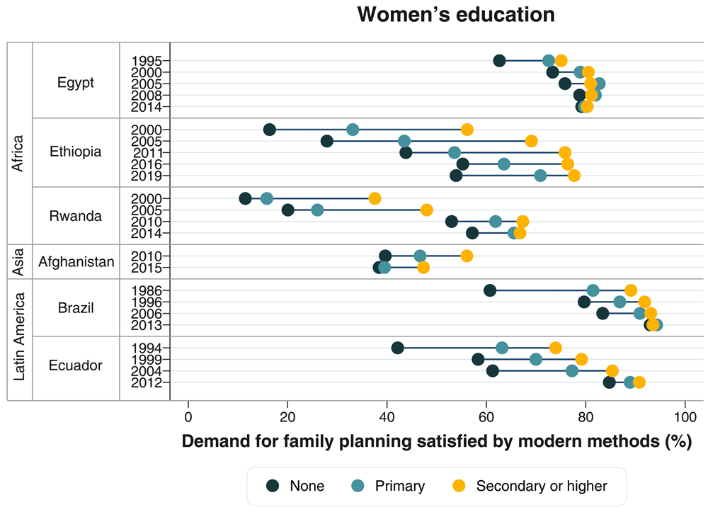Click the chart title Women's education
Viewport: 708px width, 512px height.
pyautogui.click(x=455, y=15)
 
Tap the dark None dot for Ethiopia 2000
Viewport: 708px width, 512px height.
pyautogui.click(x=270, y=130)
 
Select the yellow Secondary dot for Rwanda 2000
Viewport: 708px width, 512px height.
pyautogui.click(x=375, y=198)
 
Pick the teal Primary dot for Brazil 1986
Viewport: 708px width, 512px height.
pyautogui.click(x=593, y=290)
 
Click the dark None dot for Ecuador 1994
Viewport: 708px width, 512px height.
pyautogui.click(x=398, y=348)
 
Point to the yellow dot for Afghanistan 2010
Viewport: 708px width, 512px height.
pyautogui.click(x=467, y=256)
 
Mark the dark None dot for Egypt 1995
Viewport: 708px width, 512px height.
pyautogui.click(x=499, y=60)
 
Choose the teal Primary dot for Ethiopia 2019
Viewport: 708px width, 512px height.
pyautogui.click(x=540, y=176)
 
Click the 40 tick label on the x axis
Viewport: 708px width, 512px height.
pyautogui.click(x=387, y=416)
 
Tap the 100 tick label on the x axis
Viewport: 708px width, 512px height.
pyautogui.click(x=685, y=416)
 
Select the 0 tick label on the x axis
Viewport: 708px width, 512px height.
pyautogui.click(x=188, y=416)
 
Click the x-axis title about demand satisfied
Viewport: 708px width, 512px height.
pyautogui.click(x=436, y=442)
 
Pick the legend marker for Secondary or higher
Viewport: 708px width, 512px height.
pyautogui.click(x=459, y=486)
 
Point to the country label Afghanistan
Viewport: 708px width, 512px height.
pyautogui.click(x=76, y=262)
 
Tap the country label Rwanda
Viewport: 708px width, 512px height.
pyautogui.click(x=76, y=216)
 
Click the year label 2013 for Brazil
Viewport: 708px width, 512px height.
pyautogui.click(x=147, y=325)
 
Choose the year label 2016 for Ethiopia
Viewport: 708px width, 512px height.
pyautogui.click(x=147, y=164)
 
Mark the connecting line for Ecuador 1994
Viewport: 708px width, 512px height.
pyautogui.click(x=450, y=348)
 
